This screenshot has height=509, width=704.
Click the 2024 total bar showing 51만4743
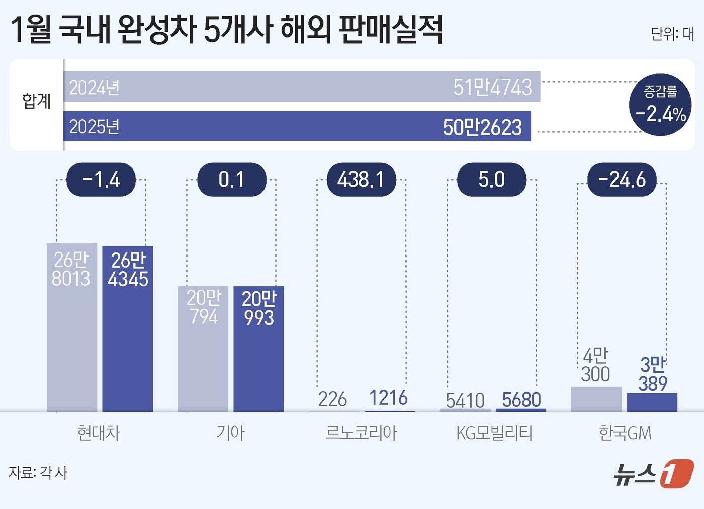coord(302,87)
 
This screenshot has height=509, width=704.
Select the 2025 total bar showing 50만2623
coord(297,126)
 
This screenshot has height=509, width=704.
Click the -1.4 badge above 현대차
coord(101,180)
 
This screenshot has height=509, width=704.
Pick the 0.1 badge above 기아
coord(231,180)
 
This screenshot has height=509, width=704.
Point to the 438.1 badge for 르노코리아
coord(361,180)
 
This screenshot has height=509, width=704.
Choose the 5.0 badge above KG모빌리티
coord(491,180)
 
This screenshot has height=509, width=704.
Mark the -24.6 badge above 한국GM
coord(622,180)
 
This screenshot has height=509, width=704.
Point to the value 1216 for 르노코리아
coord(388,398)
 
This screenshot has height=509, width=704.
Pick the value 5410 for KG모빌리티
coord(465,401)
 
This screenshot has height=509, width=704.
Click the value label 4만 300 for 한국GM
coord(595,365)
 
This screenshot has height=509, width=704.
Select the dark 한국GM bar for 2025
coord(652,402)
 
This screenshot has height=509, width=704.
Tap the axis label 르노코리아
coord(361,433)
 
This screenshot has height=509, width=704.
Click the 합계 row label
coord(36,101)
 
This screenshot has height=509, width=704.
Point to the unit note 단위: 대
coord(672,34)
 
